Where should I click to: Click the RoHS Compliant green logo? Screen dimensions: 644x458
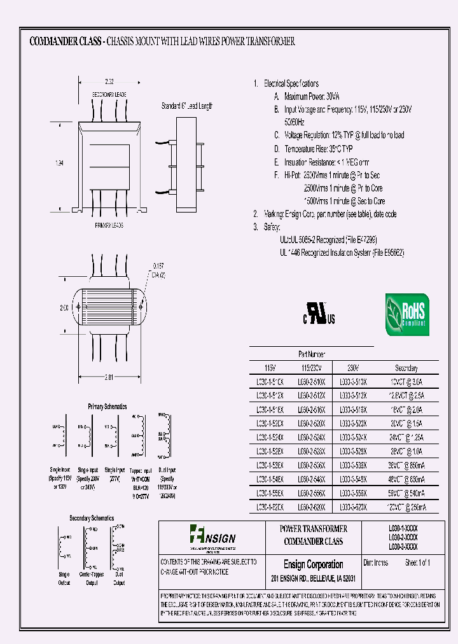[x=407, y=314]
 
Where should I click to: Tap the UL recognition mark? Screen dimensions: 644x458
[x=319, y=316]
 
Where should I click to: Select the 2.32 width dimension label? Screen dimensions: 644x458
[x=110, y=81]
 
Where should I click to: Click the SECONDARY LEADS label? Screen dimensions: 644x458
[x=110, y=94]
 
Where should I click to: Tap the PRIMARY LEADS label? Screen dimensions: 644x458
[x=109, y=225]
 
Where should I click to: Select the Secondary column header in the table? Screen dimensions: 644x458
[x=406, y=368]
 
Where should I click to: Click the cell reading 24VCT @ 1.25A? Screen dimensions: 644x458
[x=406, y=438]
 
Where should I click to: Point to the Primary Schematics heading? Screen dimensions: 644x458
[x=107, y=406]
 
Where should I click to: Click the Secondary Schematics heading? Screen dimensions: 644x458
[x=92, y=518]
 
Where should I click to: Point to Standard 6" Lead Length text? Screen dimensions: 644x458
[x=187, y=106]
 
